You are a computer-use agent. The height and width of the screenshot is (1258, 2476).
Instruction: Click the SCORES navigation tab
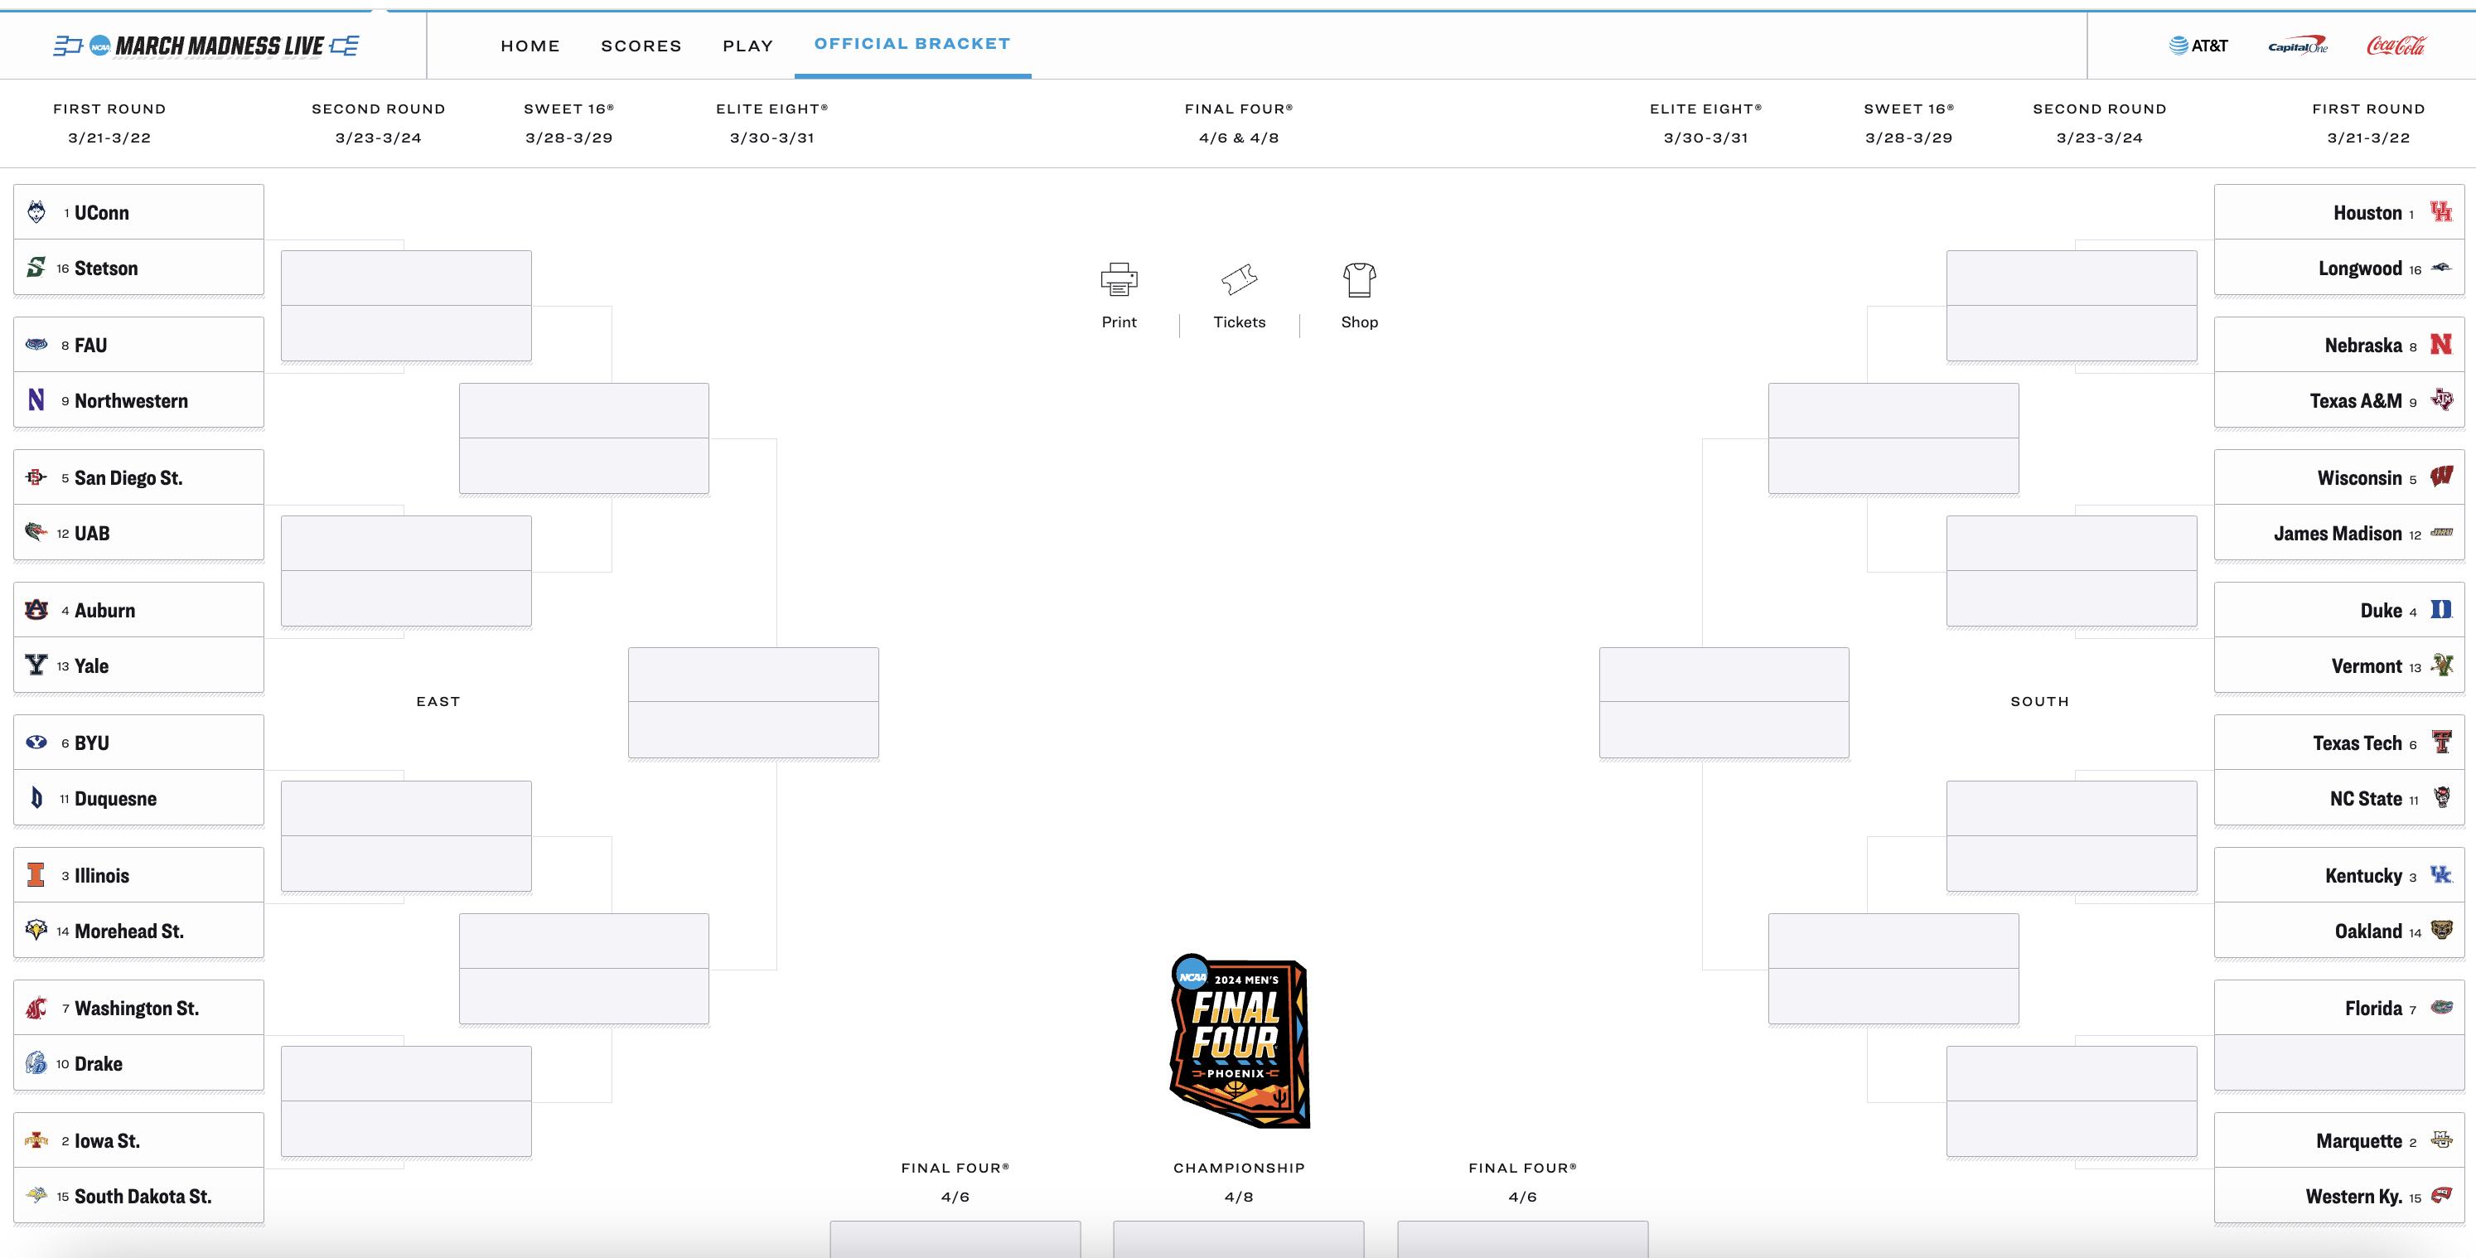click(x=641, y=46)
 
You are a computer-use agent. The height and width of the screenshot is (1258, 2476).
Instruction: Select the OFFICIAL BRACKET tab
click(x=912, y=44)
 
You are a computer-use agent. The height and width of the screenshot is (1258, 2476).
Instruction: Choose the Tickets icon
click(x=1239, y=279)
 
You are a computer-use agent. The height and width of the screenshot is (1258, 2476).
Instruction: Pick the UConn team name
click(x=102, y=212)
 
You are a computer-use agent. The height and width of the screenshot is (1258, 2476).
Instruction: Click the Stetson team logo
click(x=36, y=267)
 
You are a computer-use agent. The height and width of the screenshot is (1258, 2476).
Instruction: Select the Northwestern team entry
click(x=131, y=401)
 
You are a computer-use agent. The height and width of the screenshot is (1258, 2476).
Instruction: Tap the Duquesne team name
click(x=115, y=799)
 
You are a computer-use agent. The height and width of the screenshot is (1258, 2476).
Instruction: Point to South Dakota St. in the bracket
click(x=143, y=1197)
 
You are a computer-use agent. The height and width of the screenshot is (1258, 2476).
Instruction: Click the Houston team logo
click(x=2440, y=211)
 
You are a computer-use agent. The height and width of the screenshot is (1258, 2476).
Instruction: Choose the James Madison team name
click(x=2338, y=534)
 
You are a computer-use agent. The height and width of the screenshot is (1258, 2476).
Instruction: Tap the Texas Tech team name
click(x=2357, y=743)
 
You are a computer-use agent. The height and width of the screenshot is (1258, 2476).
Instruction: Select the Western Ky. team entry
click(x=2354, y=1197)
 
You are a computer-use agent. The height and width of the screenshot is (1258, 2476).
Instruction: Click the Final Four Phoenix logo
click(x=1238, y=1042)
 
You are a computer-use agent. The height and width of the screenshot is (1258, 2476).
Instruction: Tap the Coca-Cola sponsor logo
click(x=2396, y=46)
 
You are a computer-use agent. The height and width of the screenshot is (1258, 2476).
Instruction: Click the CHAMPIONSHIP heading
click(x=1239, y=1168)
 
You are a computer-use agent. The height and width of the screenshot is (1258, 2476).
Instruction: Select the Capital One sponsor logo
click(x=2297, y=46)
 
